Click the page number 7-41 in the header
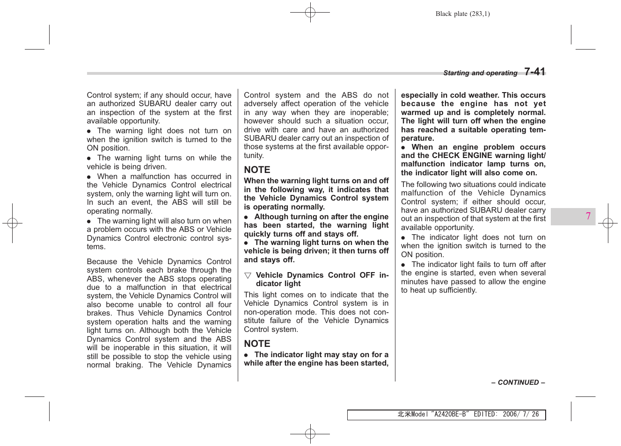pyautogui.click(x=534, y=72)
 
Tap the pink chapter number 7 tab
pyautogui.click(x=588, y=216)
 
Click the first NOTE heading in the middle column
pyautogui.click(x=257, y=170)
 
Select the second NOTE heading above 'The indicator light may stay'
pyautogui.click(x=257, y=344)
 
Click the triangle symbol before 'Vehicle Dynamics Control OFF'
pyautogui.click(x=248, y=275)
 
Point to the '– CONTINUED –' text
pyautogui.click(x=518, y=382)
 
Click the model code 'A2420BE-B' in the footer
pyautogui.click(x=450, y=414)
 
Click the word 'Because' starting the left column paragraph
pyautogui.click(x=102, y=262)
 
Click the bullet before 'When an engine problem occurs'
pyautogui.click(x=403, y=147)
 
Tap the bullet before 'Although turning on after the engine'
pyautogui.click(x=246, y=217)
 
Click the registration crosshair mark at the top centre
pyautogui.click(x=310, y=13)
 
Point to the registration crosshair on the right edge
pyautogui.click(x=608, y=223)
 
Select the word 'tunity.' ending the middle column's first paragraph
pyautogui.click(x=254, y=156)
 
